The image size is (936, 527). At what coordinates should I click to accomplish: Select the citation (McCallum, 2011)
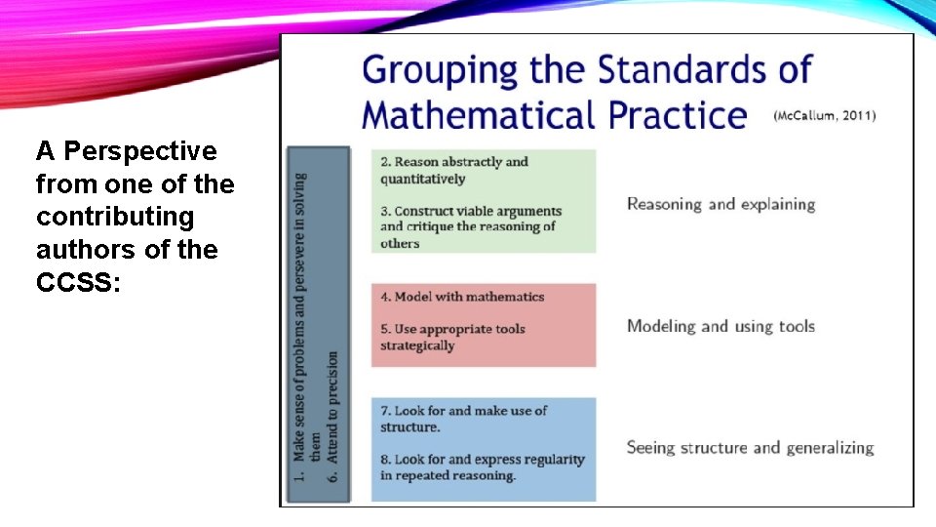824,115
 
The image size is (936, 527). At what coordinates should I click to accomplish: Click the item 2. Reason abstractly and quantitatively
454,170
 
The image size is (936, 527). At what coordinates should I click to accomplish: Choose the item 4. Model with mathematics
462,297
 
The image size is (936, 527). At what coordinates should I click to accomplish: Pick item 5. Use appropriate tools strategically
452,337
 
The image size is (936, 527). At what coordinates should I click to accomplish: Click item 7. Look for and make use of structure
463,419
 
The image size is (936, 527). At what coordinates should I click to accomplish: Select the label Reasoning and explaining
721,204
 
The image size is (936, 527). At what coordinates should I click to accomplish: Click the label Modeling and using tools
721,326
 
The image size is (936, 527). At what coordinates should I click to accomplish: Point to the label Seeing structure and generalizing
750,448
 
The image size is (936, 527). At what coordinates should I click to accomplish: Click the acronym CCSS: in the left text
78,283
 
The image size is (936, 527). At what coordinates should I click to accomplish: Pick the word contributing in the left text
115,217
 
